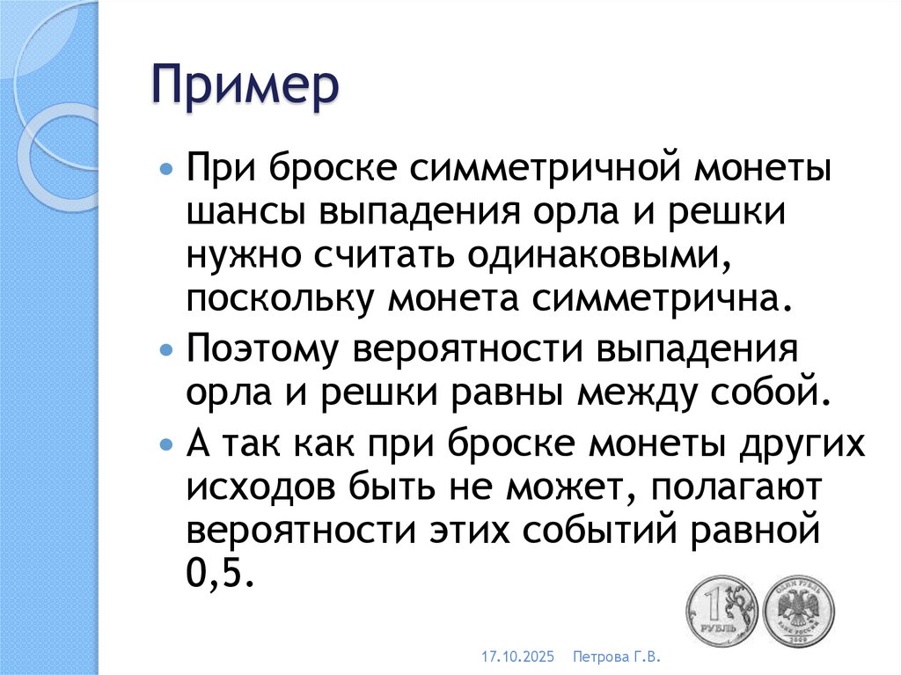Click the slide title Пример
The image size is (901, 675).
(x=245, y=89)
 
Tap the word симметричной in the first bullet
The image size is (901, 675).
(x=504, y=167)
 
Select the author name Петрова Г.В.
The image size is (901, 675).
(x=616, y=657)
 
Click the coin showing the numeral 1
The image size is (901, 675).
(x=721, y=611)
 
